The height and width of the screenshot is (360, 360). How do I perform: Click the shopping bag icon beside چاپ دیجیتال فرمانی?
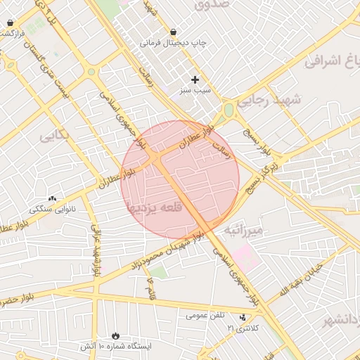point(174,32)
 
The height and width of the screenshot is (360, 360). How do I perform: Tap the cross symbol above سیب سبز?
point(195,79)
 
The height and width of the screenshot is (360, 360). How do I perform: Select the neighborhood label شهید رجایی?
point(268,101)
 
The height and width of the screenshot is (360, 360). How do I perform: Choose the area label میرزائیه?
point(243,230)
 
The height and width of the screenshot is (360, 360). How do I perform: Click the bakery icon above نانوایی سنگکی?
point(51,199)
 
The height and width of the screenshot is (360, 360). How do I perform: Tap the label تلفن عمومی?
point(206,316)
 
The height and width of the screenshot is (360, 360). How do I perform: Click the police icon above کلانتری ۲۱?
point(243,318)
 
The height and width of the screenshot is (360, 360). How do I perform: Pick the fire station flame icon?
point(115,335)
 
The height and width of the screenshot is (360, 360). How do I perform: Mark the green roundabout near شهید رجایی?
point(229,110)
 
